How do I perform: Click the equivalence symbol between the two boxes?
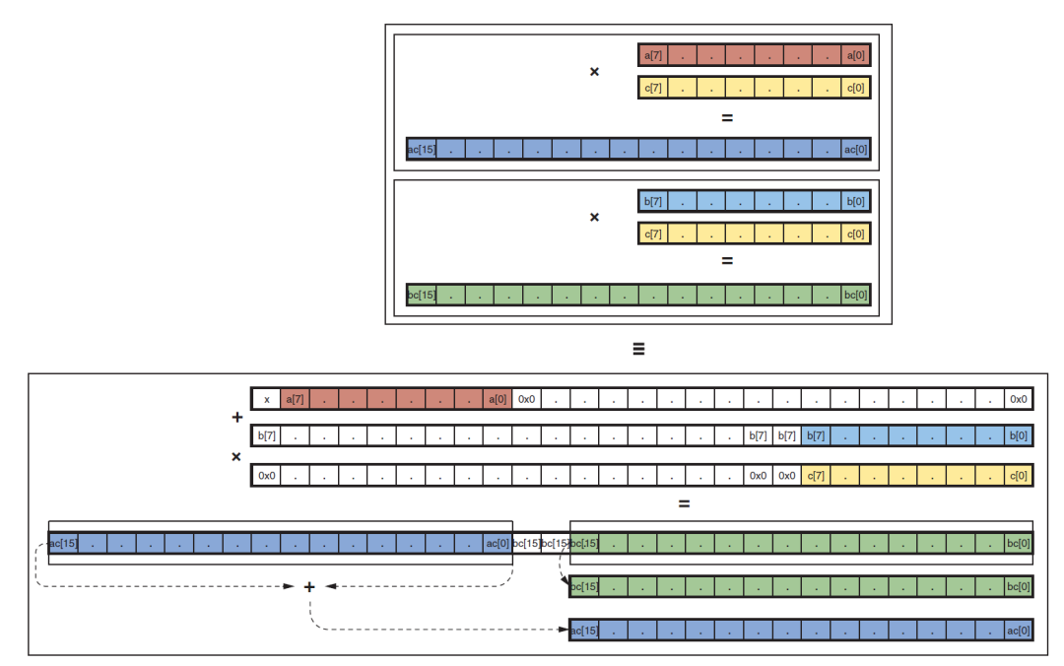tap(638, 349)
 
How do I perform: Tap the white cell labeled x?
tap(266, 399)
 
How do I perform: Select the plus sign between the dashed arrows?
tap(308, 586)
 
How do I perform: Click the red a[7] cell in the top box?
tap(653, 55)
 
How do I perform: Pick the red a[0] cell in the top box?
tap(856, 55)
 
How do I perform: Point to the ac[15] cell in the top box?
tap(422, 150)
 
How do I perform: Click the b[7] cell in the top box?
tap(653, 201)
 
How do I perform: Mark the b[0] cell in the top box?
tap(856, 201)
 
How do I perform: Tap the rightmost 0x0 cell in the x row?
tap(1019, 399)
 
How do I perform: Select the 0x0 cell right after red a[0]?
tap(526, 399)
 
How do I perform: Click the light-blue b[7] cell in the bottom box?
tap(816, 436)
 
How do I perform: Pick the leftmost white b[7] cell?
tap(266, 436)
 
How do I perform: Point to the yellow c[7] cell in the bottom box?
tap(816, 476)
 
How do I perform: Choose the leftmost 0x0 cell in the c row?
tap(266, 476)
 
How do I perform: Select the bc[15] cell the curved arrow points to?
tap(584, 587)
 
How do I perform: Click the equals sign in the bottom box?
tap(684, 504)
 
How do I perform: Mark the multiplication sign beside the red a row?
tap(594, 72)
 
